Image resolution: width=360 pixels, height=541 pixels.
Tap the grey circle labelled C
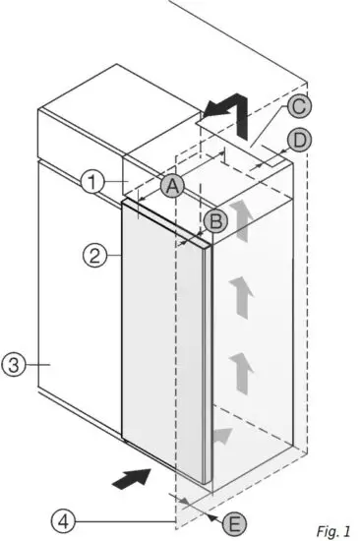[299, 107]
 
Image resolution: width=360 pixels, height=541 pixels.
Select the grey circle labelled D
[300, 140]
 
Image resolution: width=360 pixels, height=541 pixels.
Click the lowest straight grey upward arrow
[239, 371]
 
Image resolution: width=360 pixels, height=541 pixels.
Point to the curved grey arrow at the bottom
[223, 434]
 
